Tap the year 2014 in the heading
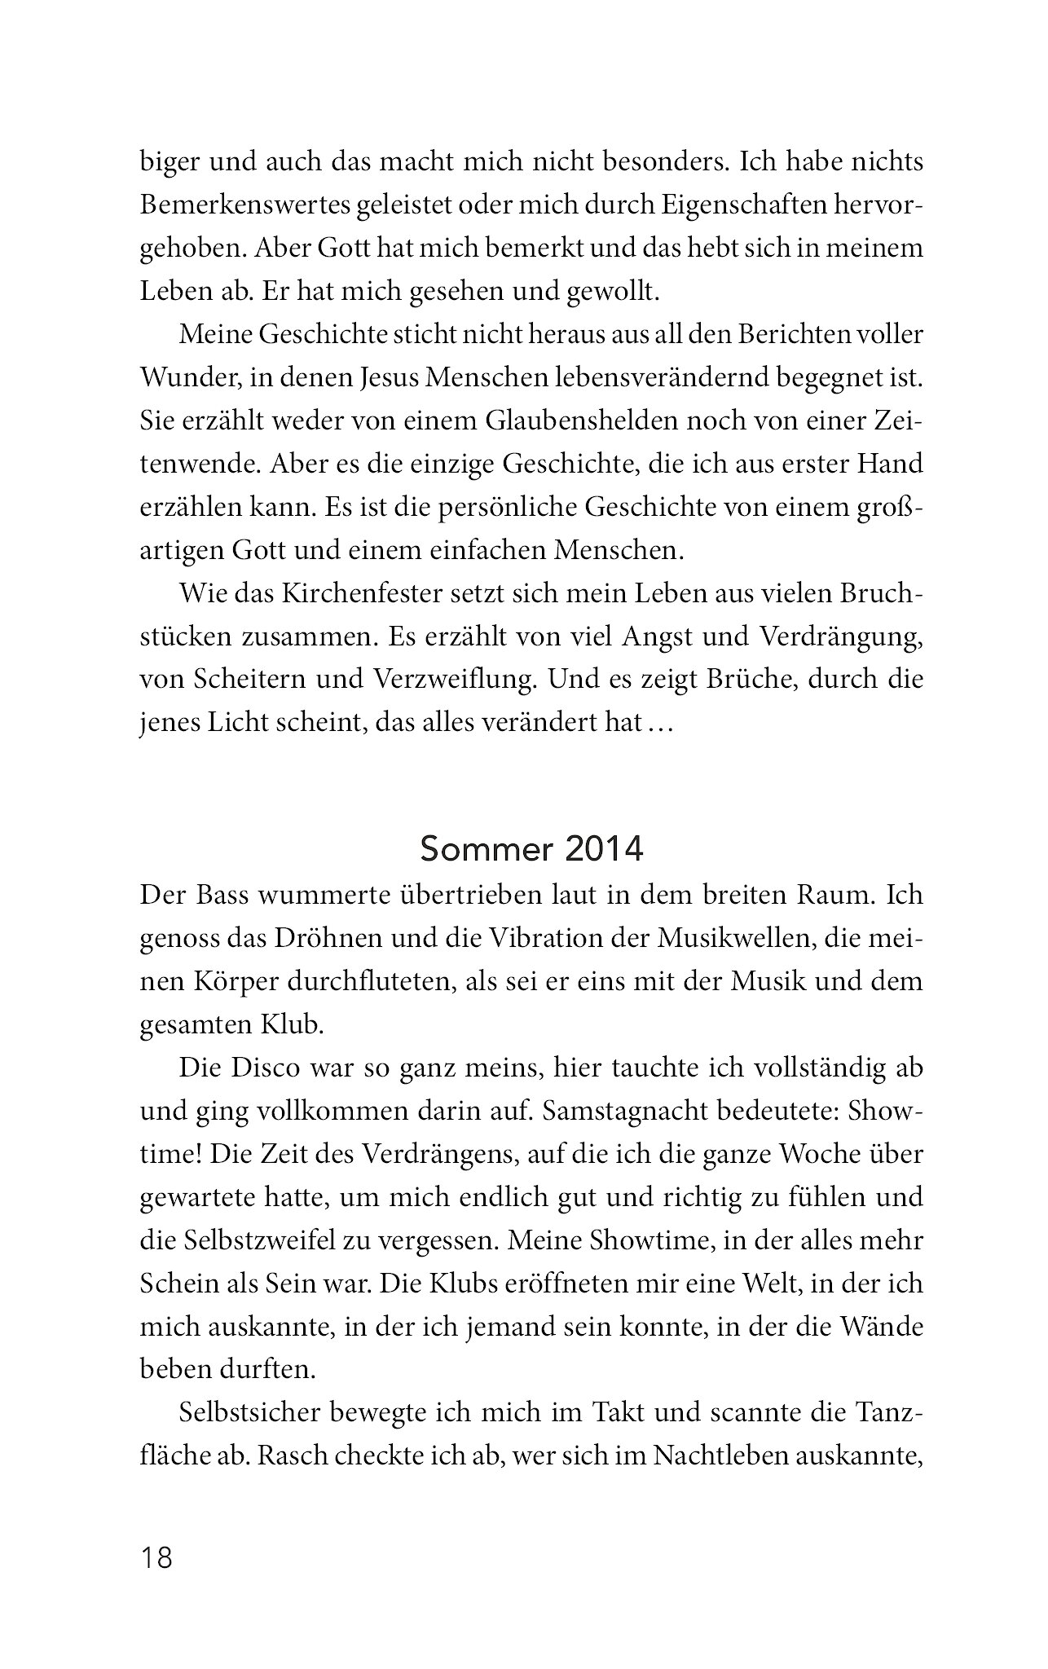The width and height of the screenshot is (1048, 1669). pos(603,850)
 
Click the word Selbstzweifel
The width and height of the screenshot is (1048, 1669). pos(262,1240)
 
